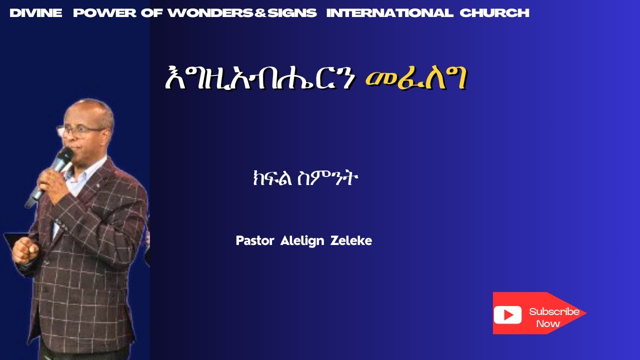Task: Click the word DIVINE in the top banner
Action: coord(35,13)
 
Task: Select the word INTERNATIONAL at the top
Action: coord(389,13)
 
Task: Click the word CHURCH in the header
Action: coord(494,13)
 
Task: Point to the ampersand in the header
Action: coord(259,13)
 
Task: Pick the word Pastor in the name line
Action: coord(255,241)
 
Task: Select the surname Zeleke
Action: coord(351,241)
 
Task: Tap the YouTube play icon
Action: coord(507,314)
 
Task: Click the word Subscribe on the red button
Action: coord(554,311)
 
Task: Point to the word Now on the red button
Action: coord(548,323)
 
